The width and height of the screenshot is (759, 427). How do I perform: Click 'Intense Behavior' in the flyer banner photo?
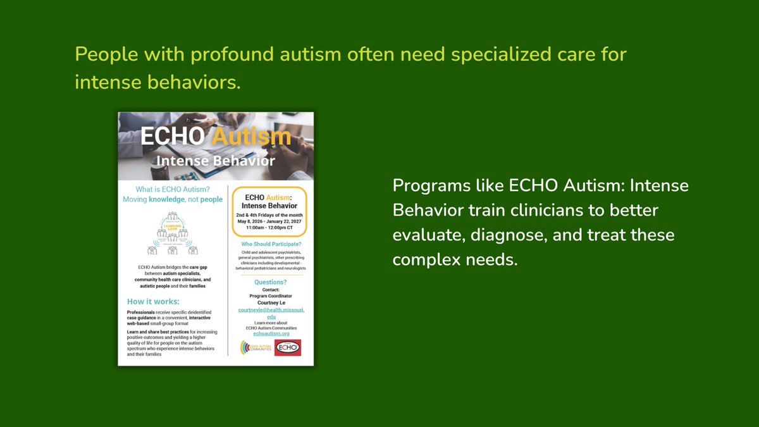click(215, 161)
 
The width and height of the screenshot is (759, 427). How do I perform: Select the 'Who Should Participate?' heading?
click(270, 244)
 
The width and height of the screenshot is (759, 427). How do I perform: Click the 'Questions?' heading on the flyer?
click(270, 282)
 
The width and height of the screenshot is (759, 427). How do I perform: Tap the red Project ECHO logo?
click(288, 348)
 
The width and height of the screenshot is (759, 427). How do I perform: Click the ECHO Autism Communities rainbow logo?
click(256, 348)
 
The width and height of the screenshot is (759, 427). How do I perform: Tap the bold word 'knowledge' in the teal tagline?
click(167, 199)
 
